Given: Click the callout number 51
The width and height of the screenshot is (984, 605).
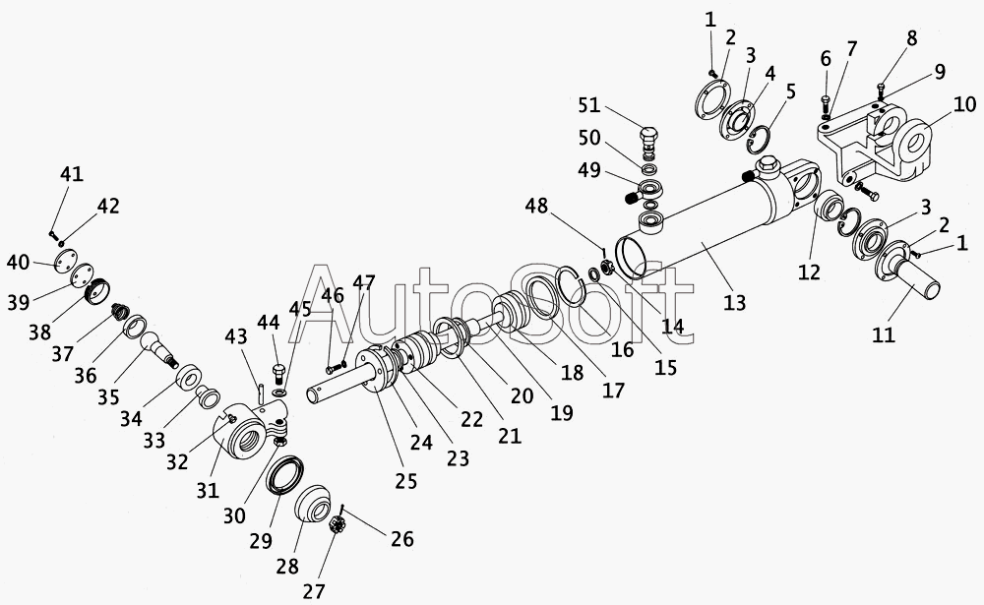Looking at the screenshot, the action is (589, 105).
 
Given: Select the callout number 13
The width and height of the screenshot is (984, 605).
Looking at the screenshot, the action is (734, 303).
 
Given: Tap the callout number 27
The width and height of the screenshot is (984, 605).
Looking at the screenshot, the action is (315, 591).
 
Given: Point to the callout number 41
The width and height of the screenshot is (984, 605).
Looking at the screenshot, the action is (72, 173).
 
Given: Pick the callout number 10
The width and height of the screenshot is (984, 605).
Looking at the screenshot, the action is (964, 103).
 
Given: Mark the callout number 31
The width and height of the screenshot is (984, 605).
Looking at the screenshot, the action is (208, 490).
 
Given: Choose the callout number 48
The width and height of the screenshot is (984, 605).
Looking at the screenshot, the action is (536, 206).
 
